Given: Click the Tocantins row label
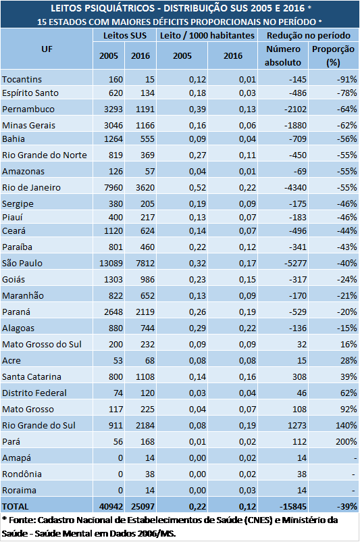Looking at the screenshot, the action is click(22, 79).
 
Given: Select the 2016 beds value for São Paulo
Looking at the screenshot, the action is click(145, 263).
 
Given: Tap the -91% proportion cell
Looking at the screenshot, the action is click(347, 79).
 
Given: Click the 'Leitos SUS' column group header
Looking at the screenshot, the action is click(125, 35).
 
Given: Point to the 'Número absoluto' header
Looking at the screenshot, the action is click(283, 55).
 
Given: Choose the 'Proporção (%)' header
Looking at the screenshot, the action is click(333, 55).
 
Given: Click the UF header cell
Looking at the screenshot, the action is click(47, 49).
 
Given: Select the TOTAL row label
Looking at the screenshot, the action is click(16, 506).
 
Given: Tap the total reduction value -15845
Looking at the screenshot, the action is click(293, 506).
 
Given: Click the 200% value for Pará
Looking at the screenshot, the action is click(346, 441).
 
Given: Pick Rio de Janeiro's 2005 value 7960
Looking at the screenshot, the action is click(113, 187).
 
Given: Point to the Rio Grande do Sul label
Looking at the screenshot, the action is click(38, 425).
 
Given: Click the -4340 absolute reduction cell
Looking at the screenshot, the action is click(295, 187).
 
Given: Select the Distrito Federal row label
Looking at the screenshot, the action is click(34, 393).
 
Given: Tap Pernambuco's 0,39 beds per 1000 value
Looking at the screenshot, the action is click(197, 109).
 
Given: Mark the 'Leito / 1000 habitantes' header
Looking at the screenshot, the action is click(207, 35).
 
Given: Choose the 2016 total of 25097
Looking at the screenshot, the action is click(143, 506).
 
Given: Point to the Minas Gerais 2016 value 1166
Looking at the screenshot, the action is click(145, 125).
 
